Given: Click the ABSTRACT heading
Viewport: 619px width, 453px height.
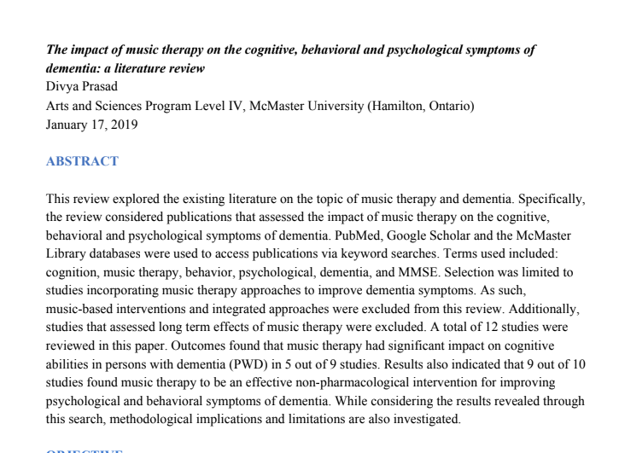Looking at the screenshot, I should coord(82,160).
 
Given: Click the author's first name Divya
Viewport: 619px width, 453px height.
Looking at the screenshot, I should coord(61,87).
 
